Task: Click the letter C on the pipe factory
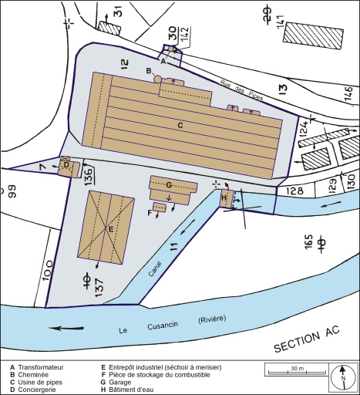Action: (180, 124)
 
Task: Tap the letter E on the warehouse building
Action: (112, 229)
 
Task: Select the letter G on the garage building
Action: (167, 185)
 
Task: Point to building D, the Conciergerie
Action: (68, 166)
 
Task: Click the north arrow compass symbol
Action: (341, 376)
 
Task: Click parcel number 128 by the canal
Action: (297, 190)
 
